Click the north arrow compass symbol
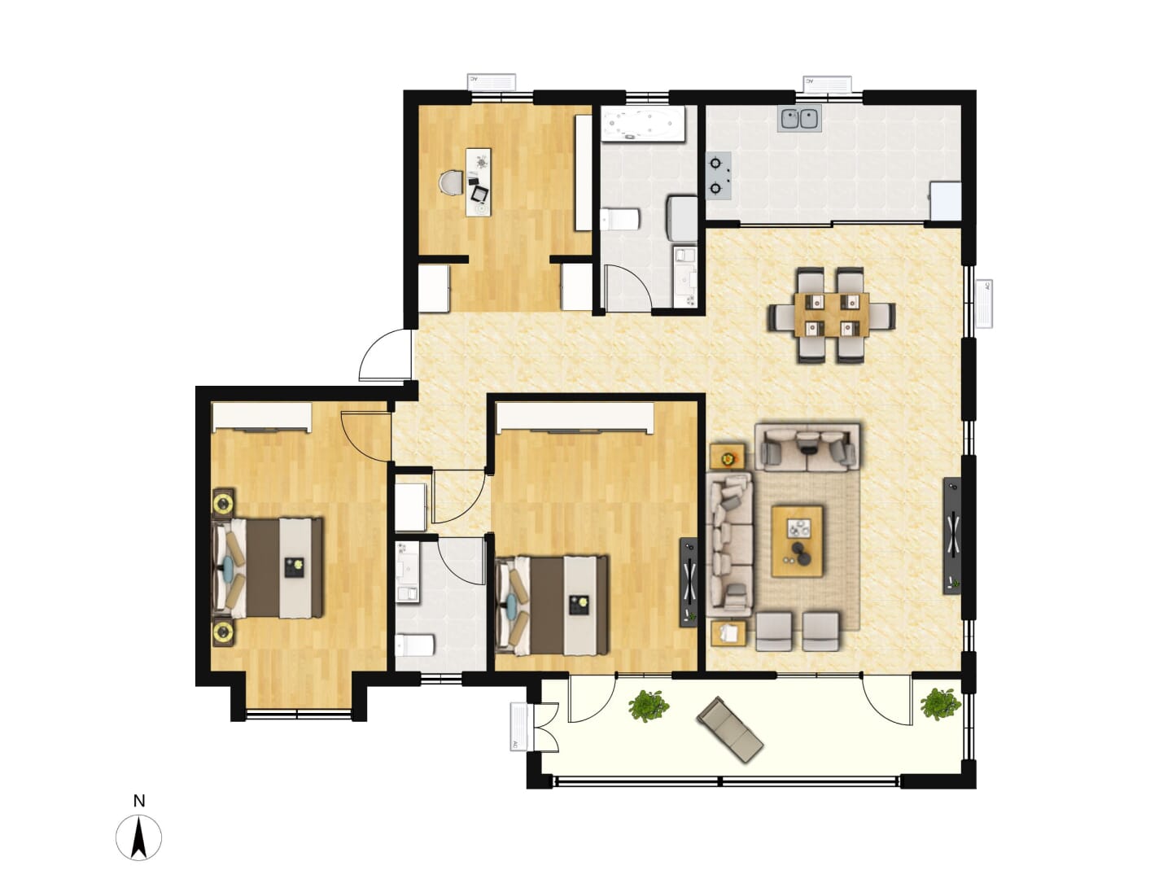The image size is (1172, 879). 138,837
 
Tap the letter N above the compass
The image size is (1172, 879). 139,801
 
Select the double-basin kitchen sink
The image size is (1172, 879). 800,119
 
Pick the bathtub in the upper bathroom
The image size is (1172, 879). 642,123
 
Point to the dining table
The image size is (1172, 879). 831,314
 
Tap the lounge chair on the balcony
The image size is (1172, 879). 730,729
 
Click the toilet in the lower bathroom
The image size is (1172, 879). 414,645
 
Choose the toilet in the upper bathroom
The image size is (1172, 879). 619,220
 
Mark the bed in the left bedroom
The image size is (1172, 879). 268,567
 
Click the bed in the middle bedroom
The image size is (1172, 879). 552,606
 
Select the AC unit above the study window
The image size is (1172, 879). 492,81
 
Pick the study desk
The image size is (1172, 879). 479,181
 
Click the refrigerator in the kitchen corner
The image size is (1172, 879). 946,201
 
